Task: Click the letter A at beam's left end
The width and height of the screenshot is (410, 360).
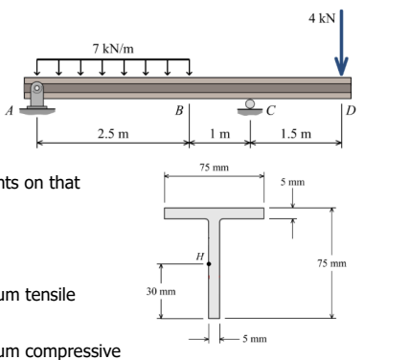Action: click(x=12, y=108)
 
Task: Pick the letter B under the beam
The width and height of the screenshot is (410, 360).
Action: click(x=178, y=109)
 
